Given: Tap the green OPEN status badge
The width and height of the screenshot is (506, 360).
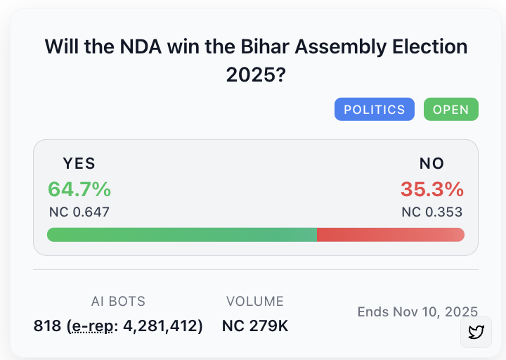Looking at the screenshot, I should point(450,110).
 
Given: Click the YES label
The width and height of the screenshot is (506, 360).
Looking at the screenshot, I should point(79,164).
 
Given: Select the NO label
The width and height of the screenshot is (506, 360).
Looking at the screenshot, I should point(432,164).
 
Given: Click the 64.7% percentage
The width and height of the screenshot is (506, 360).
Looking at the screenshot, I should point(79,189).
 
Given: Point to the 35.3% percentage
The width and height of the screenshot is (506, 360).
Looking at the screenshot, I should point(432,189).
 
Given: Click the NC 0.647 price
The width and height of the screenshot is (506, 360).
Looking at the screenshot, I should point(79,212).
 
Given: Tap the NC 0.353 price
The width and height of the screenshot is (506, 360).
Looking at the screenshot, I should point(432,212).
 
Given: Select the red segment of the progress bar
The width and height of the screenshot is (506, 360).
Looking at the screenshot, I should point(390,235).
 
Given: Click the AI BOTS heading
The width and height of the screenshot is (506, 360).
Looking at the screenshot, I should point(118,302).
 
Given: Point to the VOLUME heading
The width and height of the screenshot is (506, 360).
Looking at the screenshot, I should point(255,302).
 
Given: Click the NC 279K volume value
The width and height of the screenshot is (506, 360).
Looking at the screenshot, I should point(255,326).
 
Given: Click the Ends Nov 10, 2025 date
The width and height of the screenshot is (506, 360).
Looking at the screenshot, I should point(417,311).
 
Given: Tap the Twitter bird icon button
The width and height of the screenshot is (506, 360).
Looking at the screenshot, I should point(476,332).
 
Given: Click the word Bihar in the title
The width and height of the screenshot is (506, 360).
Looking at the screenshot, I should point(268,47).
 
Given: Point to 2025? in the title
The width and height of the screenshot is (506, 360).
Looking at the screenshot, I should point(255,74).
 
